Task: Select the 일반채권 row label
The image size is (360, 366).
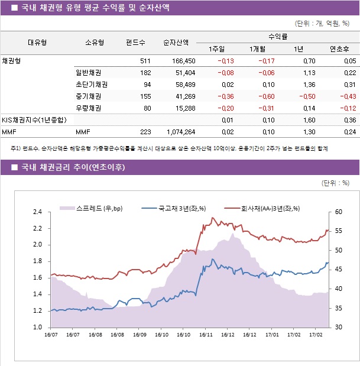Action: click(88, 73)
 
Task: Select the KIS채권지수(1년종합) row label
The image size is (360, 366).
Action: click(34, 120)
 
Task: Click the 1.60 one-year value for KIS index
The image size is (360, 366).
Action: click(309, 120)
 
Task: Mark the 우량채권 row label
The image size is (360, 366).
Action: click(88, 108)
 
